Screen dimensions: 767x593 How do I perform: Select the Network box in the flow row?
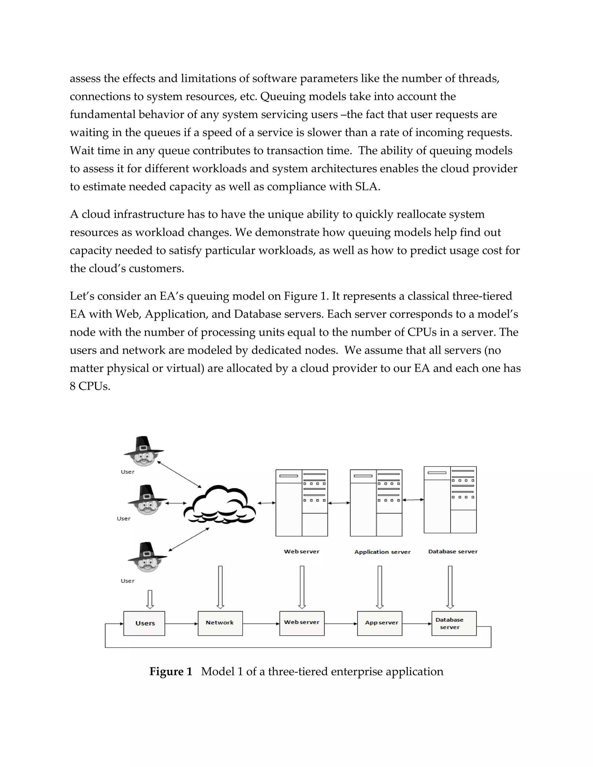tap(220, 623)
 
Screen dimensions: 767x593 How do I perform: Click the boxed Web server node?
tap(302, 623)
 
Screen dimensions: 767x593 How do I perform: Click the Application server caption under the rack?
tap(382, 552)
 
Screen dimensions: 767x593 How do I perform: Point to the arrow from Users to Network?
tap(181, 624)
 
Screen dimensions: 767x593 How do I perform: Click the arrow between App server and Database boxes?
tap(417, 624)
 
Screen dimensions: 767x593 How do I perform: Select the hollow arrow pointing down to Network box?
tap(220, 586)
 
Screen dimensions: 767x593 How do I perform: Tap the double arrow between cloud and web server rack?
tap(267, 503)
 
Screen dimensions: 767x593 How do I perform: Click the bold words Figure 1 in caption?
tap(171, 671)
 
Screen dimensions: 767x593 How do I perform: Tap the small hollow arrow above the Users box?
tap(150, 599)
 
